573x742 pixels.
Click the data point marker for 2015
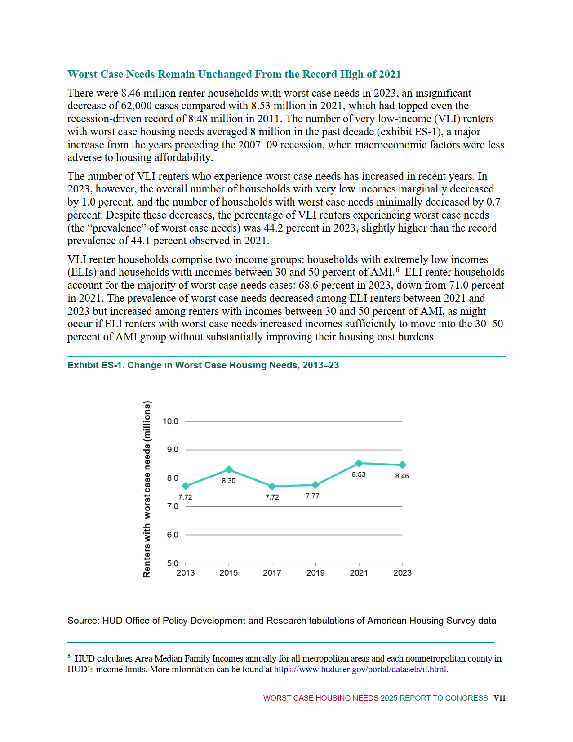[x=229, y=470]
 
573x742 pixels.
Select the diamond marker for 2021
[x=359, y=463]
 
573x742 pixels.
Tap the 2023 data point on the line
[x=402, y=465]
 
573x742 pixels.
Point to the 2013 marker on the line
[x=186, y=486]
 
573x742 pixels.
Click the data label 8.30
[x=229, y=481]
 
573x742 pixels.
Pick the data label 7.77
[x=312, y=496]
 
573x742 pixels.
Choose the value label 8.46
[x=402, y=476]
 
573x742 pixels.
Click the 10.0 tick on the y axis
[x=170, y=421]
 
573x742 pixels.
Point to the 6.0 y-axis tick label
[x=173, y=535]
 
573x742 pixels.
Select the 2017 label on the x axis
[x=272, y=573]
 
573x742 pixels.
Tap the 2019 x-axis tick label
[x=315, y=573]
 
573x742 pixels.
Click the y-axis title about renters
[x=147, y=489]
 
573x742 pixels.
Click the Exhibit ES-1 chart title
[x=203, y=365]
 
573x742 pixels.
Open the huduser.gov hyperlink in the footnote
[x=360, y=670]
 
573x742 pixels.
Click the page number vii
[x=499, y=697]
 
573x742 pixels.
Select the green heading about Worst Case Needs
[x=234, y=74]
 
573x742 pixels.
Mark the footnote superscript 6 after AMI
[x=398, y=270]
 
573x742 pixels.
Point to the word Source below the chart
[x=83, y=621]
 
